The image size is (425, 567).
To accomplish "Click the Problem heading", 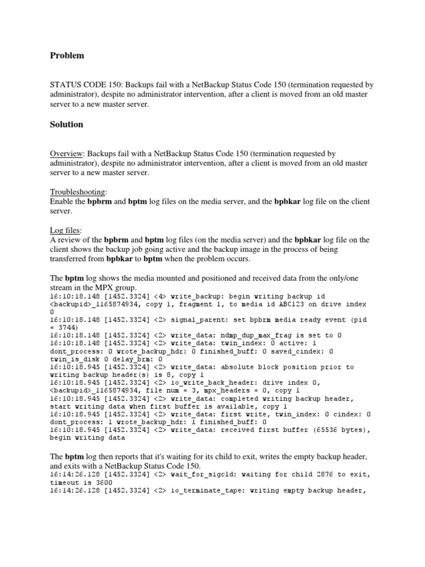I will (67, 55).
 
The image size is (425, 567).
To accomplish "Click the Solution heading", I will (66, 125).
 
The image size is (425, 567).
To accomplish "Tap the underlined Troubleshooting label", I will (77, 192).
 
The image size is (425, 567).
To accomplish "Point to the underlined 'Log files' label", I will (65, 230).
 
